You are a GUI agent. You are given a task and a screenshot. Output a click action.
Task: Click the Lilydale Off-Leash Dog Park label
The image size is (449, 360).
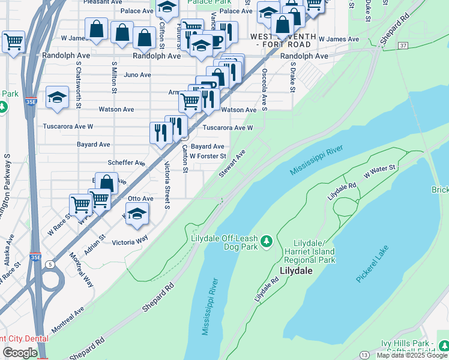click(x=223, y=242)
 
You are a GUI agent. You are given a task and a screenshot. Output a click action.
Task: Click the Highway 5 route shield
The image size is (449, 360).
click(x=49, y=264)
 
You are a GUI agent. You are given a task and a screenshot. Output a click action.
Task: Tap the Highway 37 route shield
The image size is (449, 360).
click(x=402, y=46)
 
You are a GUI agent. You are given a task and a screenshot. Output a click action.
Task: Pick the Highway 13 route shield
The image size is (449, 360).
click(x=364, y=355)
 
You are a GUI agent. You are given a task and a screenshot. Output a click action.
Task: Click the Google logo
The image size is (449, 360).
click(x=20, y=353)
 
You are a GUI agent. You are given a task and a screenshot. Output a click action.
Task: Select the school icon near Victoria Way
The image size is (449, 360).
click(x=137, y=213)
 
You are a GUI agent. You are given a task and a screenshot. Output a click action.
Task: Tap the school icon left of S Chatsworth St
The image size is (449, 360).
click(x=58, y=97)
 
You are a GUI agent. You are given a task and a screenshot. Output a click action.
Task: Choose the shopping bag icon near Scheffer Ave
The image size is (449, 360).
click(x=107, y=183)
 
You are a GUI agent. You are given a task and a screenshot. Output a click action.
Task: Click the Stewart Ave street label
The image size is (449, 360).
click(x=232, y=164)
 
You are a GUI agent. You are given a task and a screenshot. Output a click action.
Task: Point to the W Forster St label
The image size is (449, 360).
click(x=207, y=156)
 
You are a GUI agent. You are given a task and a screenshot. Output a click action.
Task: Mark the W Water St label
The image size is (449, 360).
click(x=381, y=172)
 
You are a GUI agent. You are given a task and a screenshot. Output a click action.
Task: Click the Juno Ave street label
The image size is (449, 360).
click(x=137, y=75)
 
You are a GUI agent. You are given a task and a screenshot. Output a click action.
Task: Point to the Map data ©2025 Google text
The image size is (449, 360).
click(x=412, y=355)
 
